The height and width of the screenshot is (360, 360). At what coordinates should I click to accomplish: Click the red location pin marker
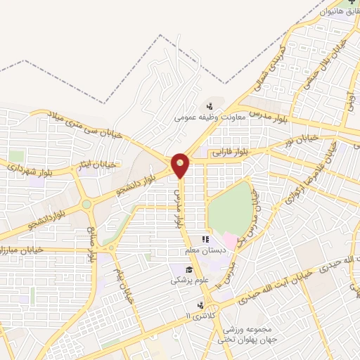click(181, 166)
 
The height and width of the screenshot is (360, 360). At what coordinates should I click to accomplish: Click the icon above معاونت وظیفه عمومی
click(210, 107)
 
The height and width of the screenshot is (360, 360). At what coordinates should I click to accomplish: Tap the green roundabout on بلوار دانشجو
click(86, 205)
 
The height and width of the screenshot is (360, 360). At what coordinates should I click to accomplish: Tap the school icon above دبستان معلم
click(205, 240)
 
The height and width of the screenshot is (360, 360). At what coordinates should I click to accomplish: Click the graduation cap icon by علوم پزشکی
click(188, 269)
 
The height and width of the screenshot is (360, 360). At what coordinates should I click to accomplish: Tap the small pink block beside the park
click(230, 242)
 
